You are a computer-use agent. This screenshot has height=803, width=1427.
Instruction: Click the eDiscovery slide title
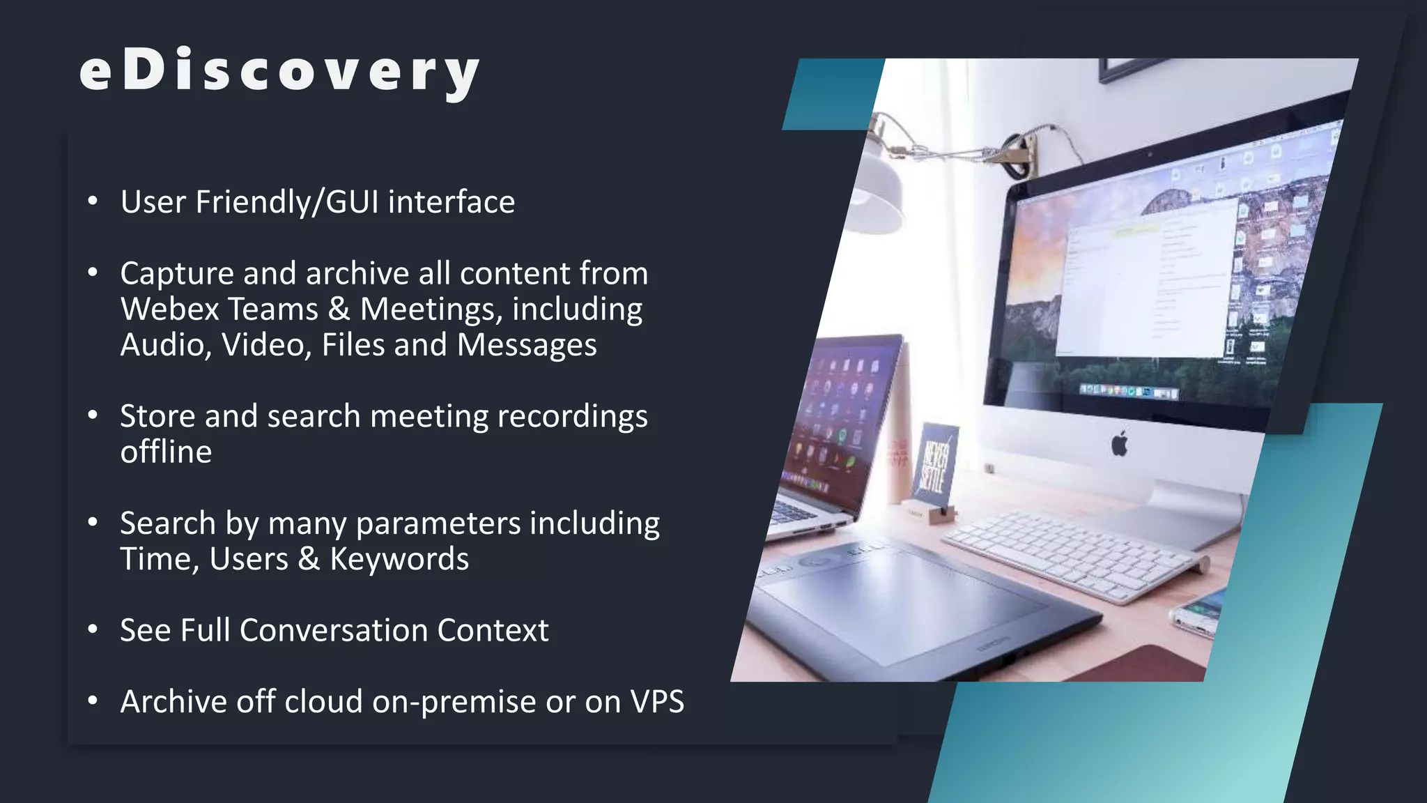pos(279,72)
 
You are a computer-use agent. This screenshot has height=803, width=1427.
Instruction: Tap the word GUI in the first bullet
pos(352,202)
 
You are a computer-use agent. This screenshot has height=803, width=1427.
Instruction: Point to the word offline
pos(166,452)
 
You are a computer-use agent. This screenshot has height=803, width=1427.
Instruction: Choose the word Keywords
pos(399,559)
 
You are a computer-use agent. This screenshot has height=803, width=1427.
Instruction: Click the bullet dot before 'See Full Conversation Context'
pos(93,629)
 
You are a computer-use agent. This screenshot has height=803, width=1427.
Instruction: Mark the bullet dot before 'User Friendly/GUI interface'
pos(93,201)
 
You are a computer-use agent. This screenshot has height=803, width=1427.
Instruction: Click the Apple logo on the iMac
pos(1119,444)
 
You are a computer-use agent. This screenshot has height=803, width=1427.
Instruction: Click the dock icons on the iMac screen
pos(1129,392)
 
